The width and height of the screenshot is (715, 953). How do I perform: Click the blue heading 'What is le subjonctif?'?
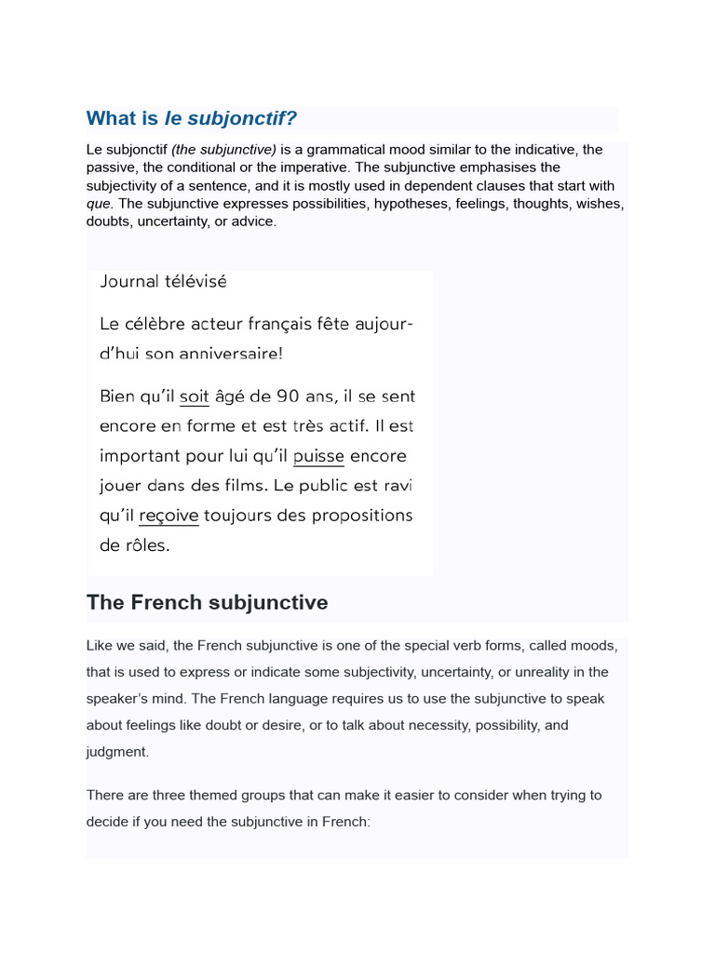pos(192,118)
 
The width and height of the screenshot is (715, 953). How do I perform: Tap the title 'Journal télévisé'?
pos(163,281)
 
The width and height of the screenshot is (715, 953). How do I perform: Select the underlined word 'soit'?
pos(194,396)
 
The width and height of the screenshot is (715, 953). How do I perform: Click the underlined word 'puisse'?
pos(318,456)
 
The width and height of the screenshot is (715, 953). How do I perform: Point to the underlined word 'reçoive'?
pos(169,516)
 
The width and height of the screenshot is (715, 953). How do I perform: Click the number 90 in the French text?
pos(288,396)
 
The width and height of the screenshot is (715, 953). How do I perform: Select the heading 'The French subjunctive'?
pos(207,602)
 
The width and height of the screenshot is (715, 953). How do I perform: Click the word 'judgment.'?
pos(117,751)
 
